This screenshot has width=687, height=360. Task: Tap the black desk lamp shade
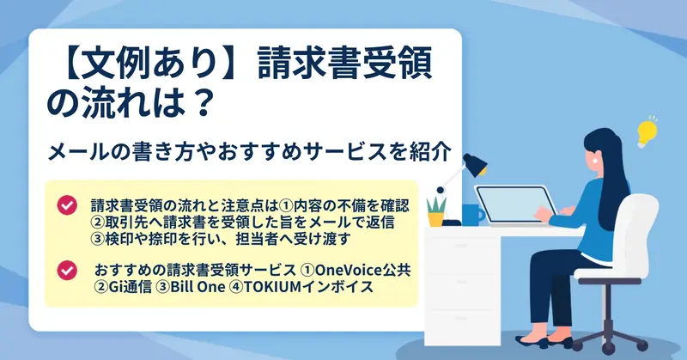pos(475,164)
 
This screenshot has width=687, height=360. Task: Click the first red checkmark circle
pos(67,205)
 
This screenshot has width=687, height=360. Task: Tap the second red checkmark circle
pos(67,270)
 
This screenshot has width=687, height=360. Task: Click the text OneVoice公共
pos(362,270)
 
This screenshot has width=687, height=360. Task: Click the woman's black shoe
pos(531,342)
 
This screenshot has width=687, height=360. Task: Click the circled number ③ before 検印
pos(98,239)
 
